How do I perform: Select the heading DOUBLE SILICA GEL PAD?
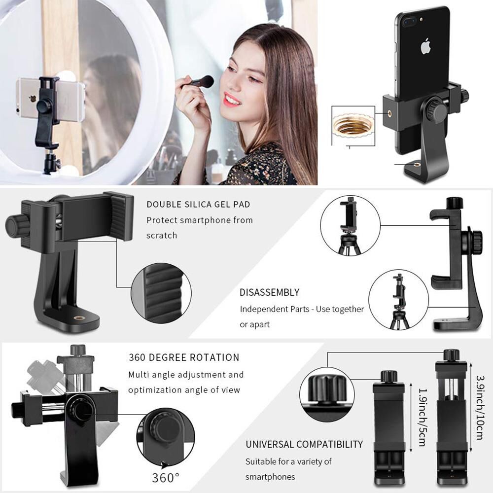pos(198,205)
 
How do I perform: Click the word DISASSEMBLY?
pos(269,292)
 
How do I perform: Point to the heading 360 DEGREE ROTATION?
pos(184,357)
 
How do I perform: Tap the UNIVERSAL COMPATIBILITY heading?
pos(304,444)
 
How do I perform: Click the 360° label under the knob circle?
pos(166,478)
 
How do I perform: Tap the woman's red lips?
pos(231,100)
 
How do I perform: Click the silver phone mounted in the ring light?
pos(49,99)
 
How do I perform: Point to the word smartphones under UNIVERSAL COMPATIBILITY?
pos(270,477)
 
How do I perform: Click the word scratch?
pos(162,235)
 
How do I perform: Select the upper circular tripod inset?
pos(350,225)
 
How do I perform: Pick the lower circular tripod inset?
pos(398,299)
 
